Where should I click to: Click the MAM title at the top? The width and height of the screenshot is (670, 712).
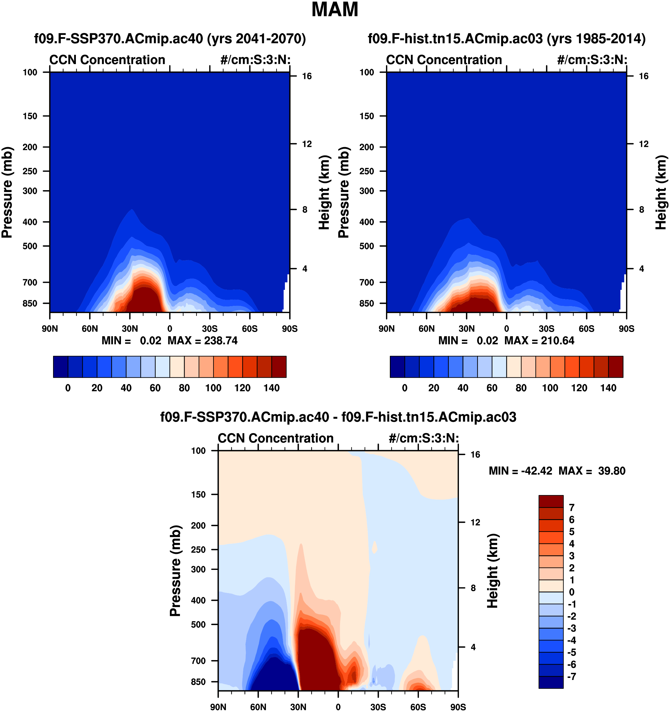pos(335,10)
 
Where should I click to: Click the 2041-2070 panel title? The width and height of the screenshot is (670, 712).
pos(170,39)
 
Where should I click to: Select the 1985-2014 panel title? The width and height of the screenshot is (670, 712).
pos(506,39)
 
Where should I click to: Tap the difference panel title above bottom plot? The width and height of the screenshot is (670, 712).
pos(338,417)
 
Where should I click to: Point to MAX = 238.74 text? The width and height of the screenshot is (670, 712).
pos(202,341)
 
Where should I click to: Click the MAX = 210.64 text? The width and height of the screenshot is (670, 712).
pos(539,341)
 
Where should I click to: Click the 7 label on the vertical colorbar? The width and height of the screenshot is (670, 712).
pos(572,508)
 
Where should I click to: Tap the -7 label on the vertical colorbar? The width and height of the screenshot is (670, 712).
pos(572,676)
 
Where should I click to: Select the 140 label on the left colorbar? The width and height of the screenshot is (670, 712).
pos(272,388)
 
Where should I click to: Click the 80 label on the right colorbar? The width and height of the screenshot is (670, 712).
pos(521,388)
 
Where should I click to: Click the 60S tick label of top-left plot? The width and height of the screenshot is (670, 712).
pos(249,329)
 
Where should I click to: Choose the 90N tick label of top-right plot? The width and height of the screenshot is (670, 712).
pos(387,329)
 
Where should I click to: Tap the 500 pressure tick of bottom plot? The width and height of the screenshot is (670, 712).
pos(199,624)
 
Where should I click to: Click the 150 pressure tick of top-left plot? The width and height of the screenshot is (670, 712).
pos(30,116)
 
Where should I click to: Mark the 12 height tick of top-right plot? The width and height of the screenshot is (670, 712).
pos(644,144)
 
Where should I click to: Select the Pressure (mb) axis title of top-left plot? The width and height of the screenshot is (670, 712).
pos(7,192)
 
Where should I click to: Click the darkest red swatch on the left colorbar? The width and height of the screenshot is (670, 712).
pos(279,367)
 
